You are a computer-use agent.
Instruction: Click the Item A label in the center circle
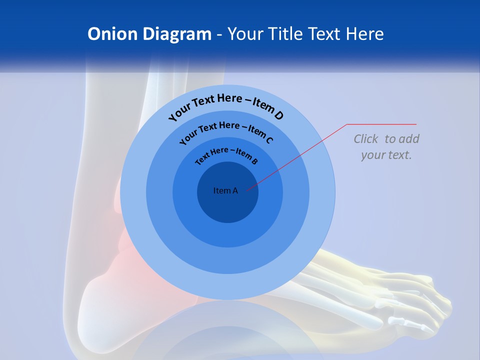click(x=225, y=190)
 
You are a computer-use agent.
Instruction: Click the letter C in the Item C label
click(x=269, y=139)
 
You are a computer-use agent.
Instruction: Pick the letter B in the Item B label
click(x=254, y=161)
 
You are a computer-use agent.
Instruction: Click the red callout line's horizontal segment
click(x=381, y=124)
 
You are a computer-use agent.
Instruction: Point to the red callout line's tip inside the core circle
click(x=247, y=189)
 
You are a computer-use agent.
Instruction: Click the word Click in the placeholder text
click(x=366, y=139)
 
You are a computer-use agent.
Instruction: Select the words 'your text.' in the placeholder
click(x=386, y=155)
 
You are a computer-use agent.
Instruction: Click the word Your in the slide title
click(x=246, y=34)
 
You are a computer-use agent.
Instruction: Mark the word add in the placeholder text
click(x=409, y=139)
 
